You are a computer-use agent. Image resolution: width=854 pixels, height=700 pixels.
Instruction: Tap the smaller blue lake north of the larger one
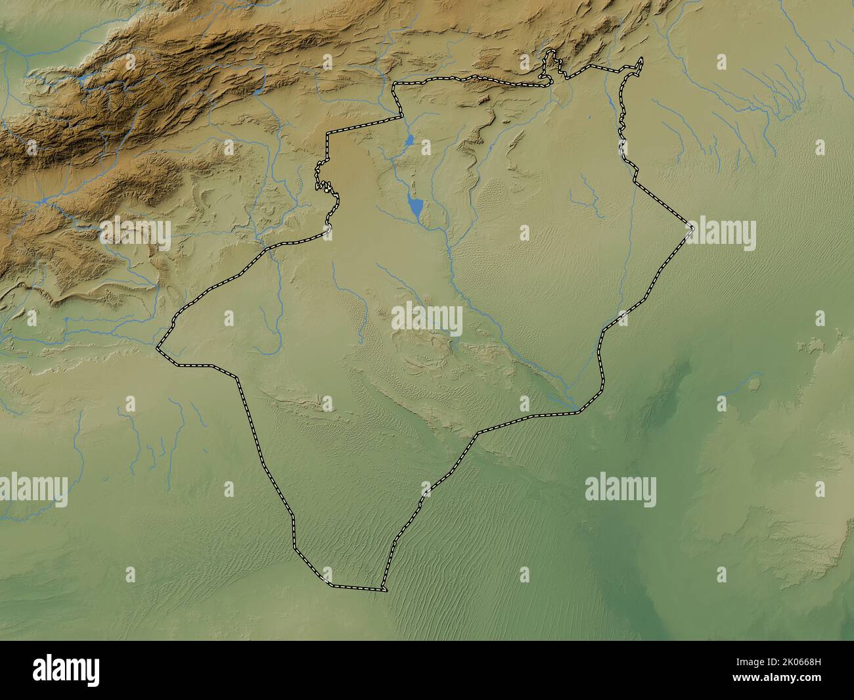(409, 140)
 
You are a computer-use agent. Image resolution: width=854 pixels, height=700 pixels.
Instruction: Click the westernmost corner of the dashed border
(158, 348)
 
